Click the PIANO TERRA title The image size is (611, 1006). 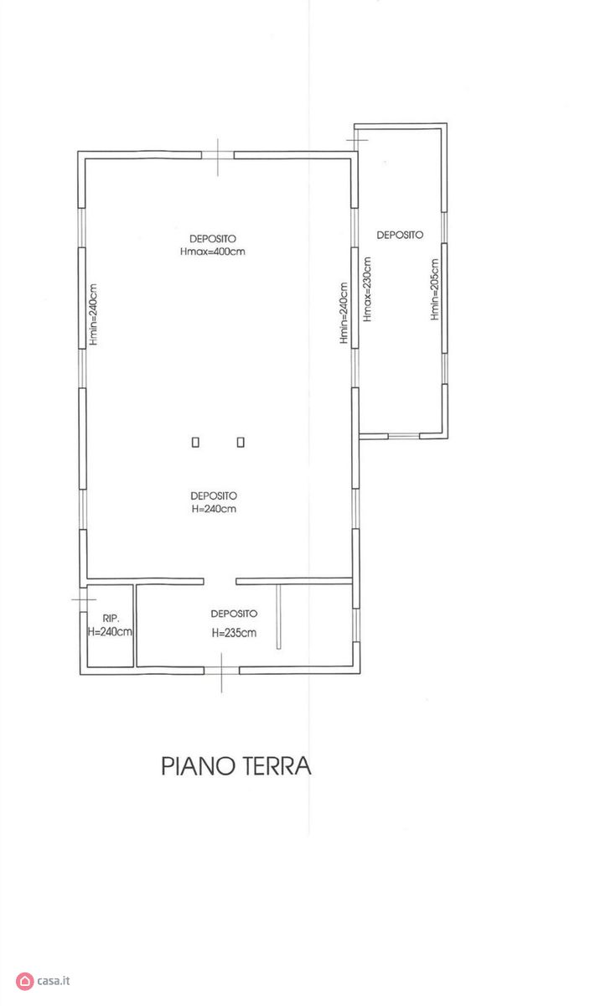pyautogui.click(x=236, y=765)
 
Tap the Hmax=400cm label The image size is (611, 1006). pyautogui.click(x=213, y=251)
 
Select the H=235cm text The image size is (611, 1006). pyautogui.click(x=234, y=633)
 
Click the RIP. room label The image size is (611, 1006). pyautogui.click(x=111, y=619)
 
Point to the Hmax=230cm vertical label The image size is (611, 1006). pyautogui.click(x=367, y=288)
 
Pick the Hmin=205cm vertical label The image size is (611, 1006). pyautogui.click(x=434, y=289)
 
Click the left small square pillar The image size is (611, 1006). pyautogui.click(x=195, y=443)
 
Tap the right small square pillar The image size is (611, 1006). pyautogui.click(x=241, y=443)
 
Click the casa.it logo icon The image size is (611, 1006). pyautogui.click(x=24, y=981)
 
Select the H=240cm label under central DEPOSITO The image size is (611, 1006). pyautogui.click(x=214, y=509)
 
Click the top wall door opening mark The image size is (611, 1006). pyautogui.click(x=218, y=157)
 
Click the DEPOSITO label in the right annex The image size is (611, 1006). pyautogui.click(x=400, y=235)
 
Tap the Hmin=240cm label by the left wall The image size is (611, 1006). pyautogui.click(x=93, y=314)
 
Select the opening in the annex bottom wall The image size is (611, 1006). pyautogui.click(x=404, y=436)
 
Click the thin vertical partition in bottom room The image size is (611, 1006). pyautogui.click(x=278, y=617)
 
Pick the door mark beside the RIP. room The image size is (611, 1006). pyautogui.click(x=84, y=599)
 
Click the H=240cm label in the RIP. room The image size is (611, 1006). pyautogui.click(x=110, y=632)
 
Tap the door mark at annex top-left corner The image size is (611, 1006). pyautogui.click(x=356, y=140)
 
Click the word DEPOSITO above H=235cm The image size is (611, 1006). pyautogui.click(x=234, y=614)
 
